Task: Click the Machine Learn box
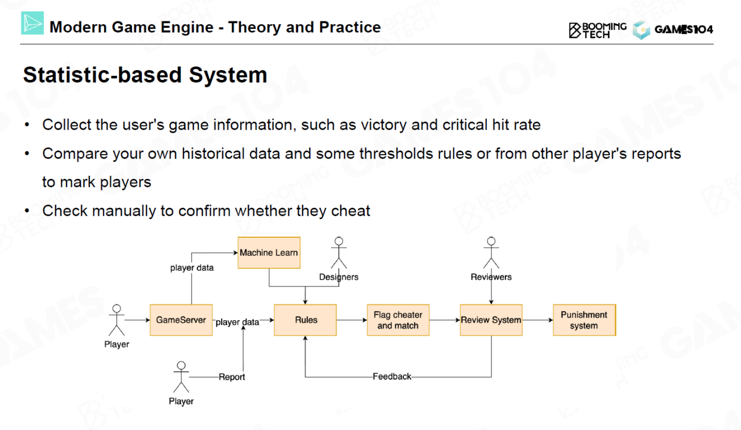tap(269, 253)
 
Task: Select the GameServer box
tap(181, 320)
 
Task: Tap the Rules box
tap(305, 320)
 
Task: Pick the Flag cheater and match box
tap(398, 320)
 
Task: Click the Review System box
tap(491, 320)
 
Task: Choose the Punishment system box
tap(585, 320)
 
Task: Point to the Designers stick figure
tap(339, 253)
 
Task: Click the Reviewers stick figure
tap(491, 253)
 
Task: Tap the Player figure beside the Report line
tap(181, 377)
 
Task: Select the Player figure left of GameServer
tap(116, 320)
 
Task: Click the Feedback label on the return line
tap(392, 376)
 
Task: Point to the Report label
tap(232, 377)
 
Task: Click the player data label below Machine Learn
tap(192, 267)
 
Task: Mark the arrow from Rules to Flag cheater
tap(352, 320)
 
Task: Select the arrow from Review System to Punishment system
tap(538, 320)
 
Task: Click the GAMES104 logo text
tap(684, 30)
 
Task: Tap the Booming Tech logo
tap(597, 31)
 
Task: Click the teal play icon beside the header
tap(32, 23)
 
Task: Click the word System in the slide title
tap(228, 75)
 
